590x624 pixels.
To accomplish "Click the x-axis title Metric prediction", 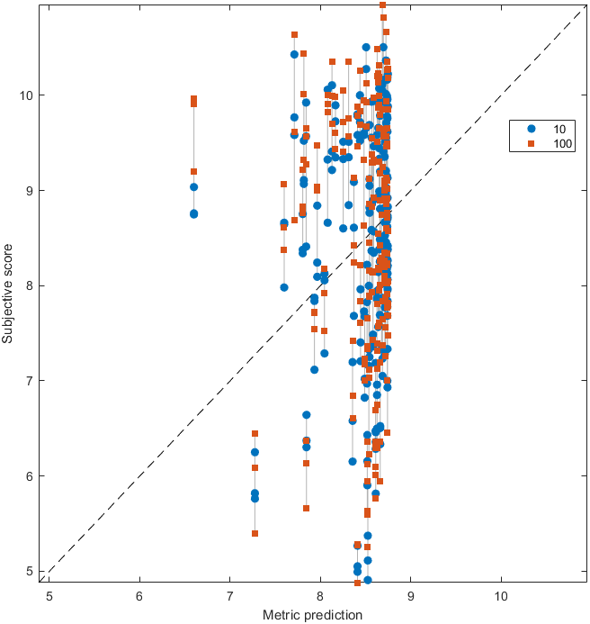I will pos(313,615).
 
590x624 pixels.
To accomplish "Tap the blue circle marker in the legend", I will pos(531,128).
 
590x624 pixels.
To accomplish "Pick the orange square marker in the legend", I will pos(531,143).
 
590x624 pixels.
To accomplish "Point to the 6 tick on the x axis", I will pos(139,596).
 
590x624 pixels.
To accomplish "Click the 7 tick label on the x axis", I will pos(230,596).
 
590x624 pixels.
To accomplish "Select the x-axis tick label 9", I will pos(410,596).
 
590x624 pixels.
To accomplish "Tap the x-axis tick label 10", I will pos(500,596).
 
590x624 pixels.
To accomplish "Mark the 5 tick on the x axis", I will pos(49,596).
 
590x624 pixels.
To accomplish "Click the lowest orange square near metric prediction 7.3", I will pos(255,534).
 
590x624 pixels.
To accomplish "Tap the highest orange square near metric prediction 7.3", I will pos(255,434).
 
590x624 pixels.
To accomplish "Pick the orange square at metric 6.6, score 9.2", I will pos(193,171).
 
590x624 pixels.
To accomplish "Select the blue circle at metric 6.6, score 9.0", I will pos(193,187).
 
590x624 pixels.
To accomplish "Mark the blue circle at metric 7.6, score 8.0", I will pos(284,287).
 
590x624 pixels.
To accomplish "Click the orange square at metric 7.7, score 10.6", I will pos(294,35).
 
